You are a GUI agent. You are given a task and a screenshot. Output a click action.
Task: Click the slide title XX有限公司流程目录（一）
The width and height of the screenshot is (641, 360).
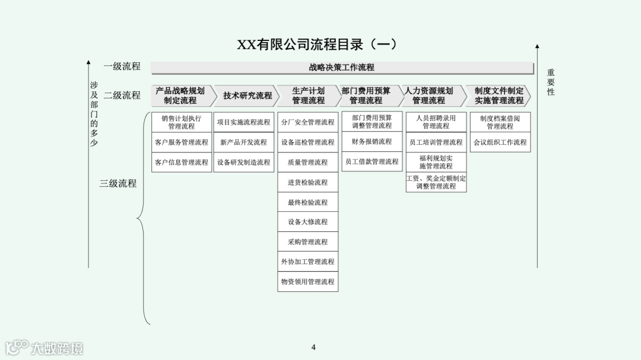(x=317, y=45)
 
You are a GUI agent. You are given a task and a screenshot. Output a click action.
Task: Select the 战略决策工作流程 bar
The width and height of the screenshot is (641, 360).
(x=342, y=68)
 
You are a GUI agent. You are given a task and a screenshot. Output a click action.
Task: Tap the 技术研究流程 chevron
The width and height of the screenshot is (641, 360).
(x=247, y=95)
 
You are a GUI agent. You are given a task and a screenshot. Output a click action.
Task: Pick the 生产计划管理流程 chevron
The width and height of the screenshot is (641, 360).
(x=308, y=95)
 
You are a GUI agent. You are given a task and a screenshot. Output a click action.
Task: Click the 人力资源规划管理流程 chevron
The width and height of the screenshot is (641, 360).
(x=430, y=95)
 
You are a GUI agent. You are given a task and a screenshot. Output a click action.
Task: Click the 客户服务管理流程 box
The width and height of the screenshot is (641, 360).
(x=182, y=142)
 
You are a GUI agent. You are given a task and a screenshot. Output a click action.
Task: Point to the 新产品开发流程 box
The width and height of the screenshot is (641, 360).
(x=243, y=142)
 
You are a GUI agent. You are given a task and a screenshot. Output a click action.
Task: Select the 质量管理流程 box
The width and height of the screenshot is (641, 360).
(x=307, y=163)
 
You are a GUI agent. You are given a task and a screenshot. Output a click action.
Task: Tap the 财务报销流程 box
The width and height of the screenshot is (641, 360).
(x=372, y=142)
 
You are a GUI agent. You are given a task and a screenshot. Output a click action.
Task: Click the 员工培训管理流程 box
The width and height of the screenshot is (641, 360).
(x=436, y=142)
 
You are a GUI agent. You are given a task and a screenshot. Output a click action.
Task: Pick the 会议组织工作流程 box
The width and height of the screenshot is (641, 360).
(x=500, y=142)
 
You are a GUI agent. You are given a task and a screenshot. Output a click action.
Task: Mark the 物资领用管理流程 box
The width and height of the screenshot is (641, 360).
(x=307, y=282)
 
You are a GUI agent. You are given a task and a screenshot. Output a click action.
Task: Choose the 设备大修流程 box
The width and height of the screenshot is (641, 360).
(x=307, y=222)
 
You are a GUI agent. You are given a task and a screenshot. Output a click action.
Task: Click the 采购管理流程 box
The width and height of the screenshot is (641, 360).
(x=307, y=242)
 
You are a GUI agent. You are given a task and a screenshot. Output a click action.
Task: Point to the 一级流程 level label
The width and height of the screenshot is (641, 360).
(x=122, y=66)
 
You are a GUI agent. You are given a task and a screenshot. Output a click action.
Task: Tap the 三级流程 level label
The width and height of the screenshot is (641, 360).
(x=118, y=184)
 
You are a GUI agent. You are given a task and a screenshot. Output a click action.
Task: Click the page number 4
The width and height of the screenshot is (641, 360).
(x=313, y=348)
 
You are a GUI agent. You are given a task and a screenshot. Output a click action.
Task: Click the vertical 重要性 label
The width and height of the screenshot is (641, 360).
(x=551, y=82)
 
